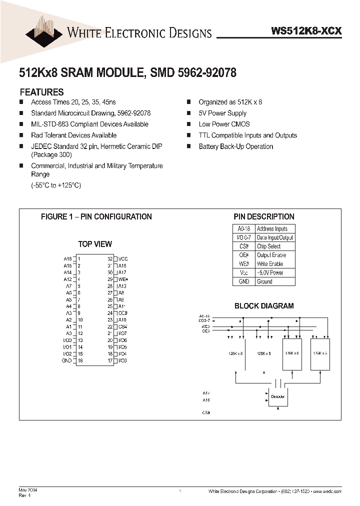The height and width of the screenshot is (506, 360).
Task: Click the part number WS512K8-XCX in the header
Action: click(x=306, y=30)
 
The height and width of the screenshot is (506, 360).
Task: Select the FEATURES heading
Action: click(x=41, y=92)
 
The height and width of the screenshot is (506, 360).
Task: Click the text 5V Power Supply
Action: click(x=222, y=113)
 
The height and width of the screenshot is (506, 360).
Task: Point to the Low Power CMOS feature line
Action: click(x=224, y=124)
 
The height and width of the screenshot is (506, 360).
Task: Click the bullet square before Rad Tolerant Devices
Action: click(x=21, y=135)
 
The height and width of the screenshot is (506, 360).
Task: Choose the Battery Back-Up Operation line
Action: click(x=235, y=146)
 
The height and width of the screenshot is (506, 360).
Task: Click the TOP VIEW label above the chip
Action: click(x=95, y=244)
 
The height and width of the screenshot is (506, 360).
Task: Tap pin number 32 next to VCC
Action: click(x=110, y=258)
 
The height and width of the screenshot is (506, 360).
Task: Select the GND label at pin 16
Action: click(x=67, y=360)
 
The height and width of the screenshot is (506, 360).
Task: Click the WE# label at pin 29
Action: click(x=123, y=279)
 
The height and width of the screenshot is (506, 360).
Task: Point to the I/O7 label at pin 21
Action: click(x=122, y=333)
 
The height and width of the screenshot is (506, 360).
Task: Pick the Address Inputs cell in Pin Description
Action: click(x=272, y=228)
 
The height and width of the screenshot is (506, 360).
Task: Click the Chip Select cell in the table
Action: click(x=268, y=246)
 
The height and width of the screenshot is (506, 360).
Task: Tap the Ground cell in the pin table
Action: click(x=264, y=281)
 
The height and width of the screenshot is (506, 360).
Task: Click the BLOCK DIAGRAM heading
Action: click(x=264, y=305)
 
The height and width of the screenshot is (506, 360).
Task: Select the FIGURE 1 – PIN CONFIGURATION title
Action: click(x=96, y=216)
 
